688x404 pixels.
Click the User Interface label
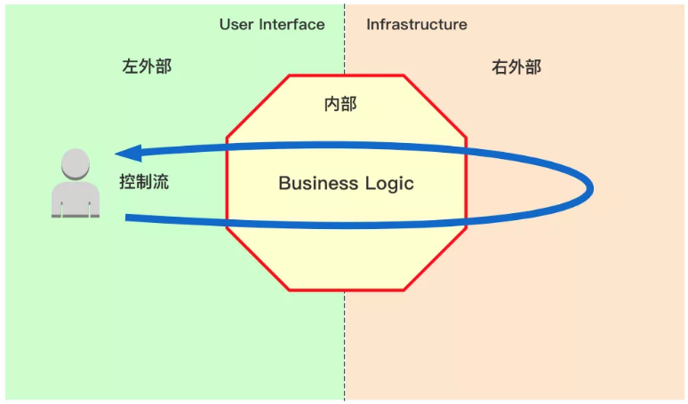point(272,25)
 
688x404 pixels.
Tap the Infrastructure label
point(416,25)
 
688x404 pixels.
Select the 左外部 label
point(147,67)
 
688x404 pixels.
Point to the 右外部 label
point(516,67)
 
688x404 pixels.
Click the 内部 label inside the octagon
point(340,105)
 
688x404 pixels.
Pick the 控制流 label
point(144,183)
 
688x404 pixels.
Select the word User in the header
point(237,25)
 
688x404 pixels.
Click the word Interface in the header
point(292,25)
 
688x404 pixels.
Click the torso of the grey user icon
point(76,199)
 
